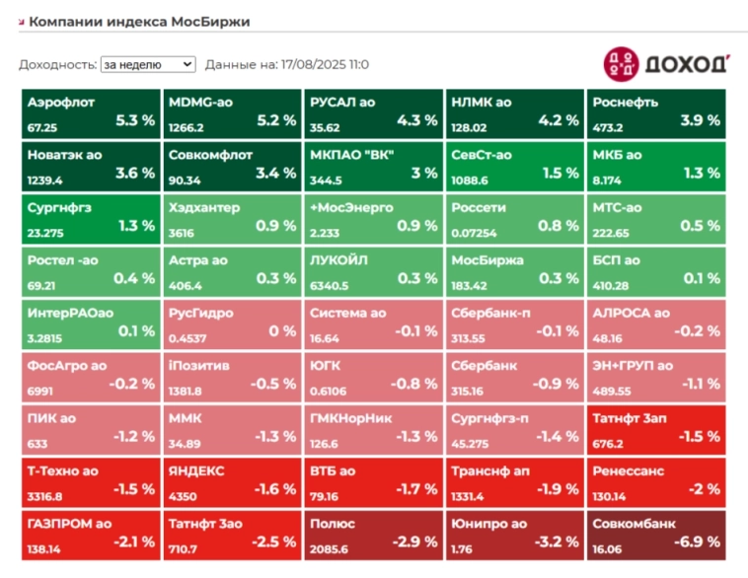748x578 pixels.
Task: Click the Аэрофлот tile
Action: [x=90, y=113]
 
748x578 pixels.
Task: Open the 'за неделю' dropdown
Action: [x=148, y=64]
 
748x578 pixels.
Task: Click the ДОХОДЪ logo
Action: [x=666, y=63]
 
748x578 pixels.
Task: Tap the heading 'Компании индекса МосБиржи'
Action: [x=138, y=21]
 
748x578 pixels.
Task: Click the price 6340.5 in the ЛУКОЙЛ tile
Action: [x=329, y=286]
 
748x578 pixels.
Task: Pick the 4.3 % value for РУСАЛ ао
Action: [x=416, y=120]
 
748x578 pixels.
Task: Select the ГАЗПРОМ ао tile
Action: [x=90, y=535]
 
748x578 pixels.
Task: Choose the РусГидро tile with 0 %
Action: [x=231, y=324]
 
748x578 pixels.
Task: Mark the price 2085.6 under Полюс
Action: [x=329, y=549]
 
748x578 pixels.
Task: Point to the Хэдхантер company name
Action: [x=204, y=208]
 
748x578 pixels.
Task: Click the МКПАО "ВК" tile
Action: [x=372, y=166]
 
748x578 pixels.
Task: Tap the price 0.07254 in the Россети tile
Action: [x=475, y=234]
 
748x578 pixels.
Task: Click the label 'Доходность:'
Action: [x=57, y=64]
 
